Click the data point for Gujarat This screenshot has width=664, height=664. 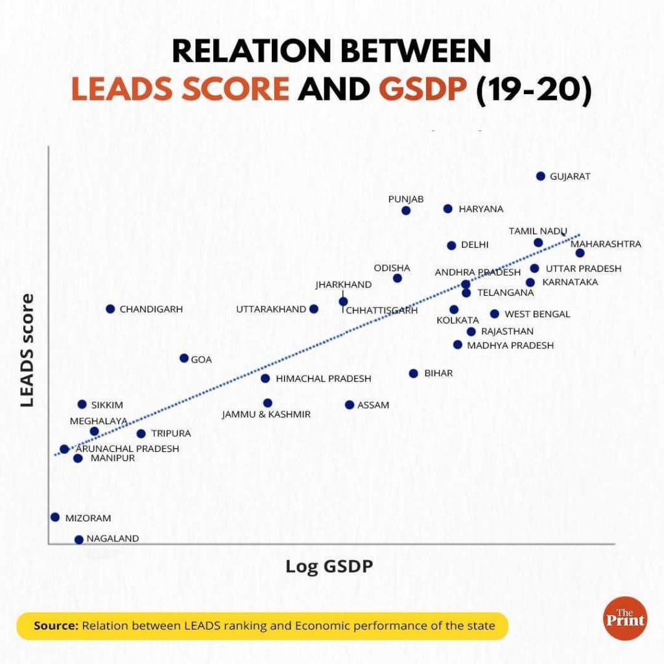pos(541,176)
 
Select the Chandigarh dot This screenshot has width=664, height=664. pos(110,309)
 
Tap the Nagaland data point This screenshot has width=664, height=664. pos(79,539)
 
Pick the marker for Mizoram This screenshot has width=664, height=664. pos(55,517)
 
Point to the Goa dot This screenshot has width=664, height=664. pos(184,359)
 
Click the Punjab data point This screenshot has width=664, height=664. pos(406,210)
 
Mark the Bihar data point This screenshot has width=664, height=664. pos(414,373)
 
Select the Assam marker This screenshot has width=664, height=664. pos(350,405)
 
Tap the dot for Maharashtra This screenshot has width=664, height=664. pos(580,253)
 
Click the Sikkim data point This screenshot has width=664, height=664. pos(82,405)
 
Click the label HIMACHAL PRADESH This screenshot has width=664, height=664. pos(324,379)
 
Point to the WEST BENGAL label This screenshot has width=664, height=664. pos(537,314)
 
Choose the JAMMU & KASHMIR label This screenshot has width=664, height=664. pos(266,414)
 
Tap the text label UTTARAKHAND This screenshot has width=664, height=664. pos(270,309)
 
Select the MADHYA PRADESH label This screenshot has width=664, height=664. pos(510,346)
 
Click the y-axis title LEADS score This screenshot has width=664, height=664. pos(27,350)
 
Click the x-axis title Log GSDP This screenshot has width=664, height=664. pos(329,566)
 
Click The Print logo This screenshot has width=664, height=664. pos(624,618)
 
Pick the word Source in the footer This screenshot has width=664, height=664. pos(56,626)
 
